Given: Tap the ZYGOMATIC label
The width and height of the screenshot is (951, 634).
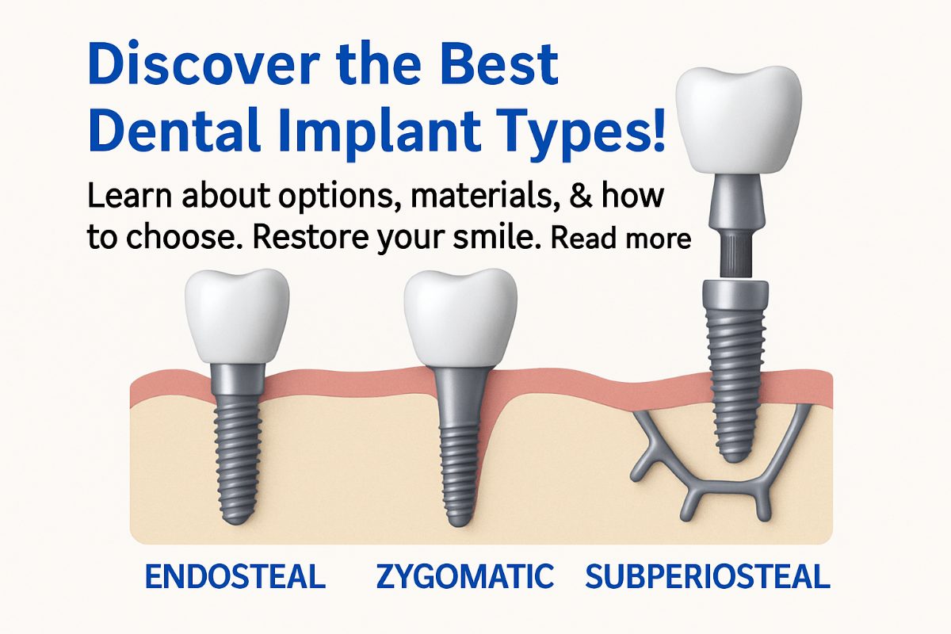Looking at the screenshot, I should coord(464,576).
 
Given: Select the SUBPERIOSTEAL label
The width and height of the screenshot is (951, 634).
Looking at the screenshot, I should coord(707,576).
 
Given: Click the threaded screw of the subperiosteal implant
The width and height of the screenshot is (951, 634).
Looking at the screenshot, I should coord(737,380).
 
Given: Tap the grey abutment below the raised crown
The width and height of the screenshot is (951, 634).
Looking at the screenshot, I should coord(737,202).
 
